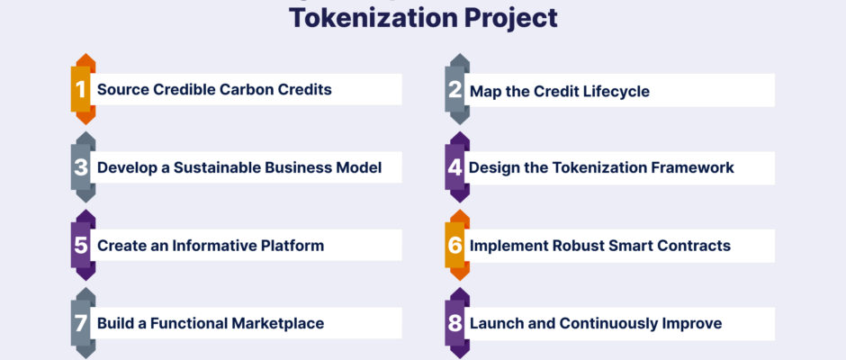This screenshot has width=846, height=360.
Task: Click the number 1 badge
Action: click(x=83, y=89)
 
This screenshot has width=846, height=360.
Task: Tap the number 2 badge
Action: click(x=457, y=89)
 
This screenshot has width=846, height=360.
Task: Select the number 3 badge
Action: click(x=83, y=167)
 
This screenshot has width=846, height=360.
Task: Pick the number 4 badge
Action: click(x=457, y=167)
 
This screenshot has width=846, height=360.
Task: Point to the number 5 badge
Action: click(x=83, y=245)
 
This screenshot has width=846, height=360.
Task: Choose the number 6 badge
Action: click(x=457, y=245)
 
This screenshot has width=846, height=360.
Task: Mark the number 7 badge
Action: click(x=83, y=323)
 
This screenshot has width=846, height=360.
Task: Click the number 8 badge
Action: click(x=457, y=323)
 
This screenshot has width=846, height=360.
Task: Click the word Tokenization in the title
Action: click(x=371, y=17)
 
